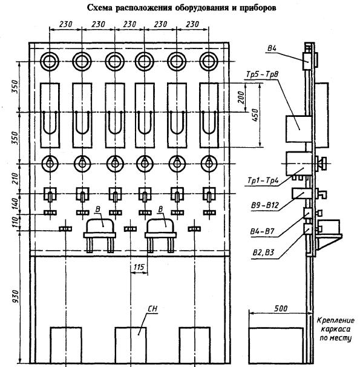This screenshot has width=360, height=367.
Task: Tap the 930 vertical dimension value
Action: (x=16, y=296)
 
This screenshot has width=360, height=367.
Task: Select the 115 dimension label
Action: (x=139, y=267)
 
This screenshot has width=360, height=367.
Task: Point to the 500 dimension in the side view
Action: (x=281, y=308)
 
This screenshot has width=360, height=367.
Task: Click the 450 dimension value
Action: (x=256, y=114)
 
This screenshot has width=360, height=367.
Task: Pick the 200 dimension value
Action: (x=241, y=98)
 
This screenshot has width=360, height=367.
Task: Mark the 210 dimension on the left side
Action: (x=15, y=179)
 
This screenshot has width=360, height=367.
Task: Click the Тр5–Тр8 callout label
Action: (x=263, y=74)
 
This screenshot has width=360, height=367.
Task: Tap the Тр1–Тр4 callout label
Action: (x=263, y=180)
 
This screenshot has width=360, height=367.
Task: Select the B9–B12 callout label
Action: (x=265, y=205)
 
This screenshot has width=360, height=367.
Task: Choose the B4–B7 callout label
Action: (x=262, y=231)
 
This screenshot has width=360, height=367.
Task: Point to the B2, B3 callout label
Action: (x=263, y=253)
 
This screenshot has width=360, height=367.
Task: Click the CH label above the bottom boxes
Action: (x=152, y=309)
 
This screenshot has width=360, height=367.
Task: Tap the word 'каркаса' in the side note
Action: (x=335, y=329)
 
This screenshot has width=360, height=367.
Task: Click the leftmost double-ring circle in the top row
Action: (x=50, y=61)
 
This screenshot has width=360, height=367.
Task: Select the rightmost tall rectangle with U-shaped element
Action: (x=209, y=116)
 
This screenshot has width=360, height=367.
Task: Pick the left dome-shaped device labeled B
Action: (x=100, y=235)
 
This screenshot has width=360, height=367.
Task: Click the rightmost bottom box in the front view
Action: (x=194, y=345)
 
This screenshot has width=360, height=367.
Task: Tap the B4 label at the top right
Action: (x=272, y=48)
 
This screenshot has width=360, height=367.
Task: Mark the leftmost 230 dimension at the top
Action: (x=66, y=24)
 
